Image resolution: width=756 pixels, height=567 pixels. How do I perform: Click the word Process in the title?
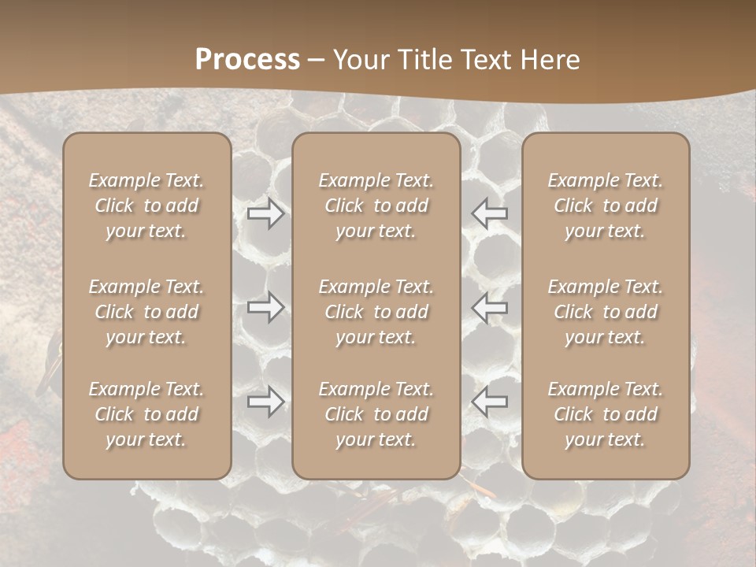click(x=247, y=60)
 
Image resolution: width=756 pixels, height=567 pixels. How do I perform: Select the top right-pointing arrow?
click(x=266, y=213)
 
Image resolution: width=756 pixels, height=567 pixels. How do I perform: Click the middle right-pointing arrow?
click(x=266, y=307)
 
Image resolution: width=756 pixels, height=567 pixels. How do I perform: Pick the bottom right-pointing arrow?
click(x=266, y=402)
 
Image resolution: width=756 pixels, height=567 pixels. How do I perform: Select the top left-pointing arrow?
click(x=489, y=213)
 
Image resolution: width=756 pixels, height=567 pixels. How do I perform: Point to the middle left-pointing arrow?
click(x=489, y=307)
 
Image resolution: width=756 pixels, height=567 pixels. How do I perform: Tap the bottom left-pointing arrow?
click(x=489, y=402)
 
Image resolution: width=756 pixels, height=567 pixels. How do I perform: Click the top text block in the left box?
click(x=146, y=206)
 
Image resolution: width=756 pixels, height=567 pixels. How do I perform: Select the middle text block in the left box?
click(x=146, y=312)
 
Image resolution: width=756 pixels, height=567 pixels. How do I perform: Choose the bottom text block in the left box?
click(x=146, y=414)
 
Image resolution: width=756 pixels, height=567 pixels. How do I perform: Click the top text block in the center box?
click(x=376, y=206)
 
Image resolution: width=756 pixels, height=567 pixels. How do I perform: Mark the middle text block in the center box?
click(x=376, y=312)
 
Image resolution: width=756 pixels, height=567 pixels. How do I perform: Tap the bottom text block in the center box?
click(x=376, y=414)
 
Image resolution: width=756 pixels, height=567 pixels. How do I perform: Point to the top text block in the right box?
click(x=606, y=206)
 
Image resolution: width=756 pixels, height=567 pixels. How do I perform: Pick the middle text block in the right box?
click(x=606, y=312)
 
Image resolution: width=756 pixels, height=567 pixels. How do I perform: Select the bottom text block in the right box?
click(x=606, y=414)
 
